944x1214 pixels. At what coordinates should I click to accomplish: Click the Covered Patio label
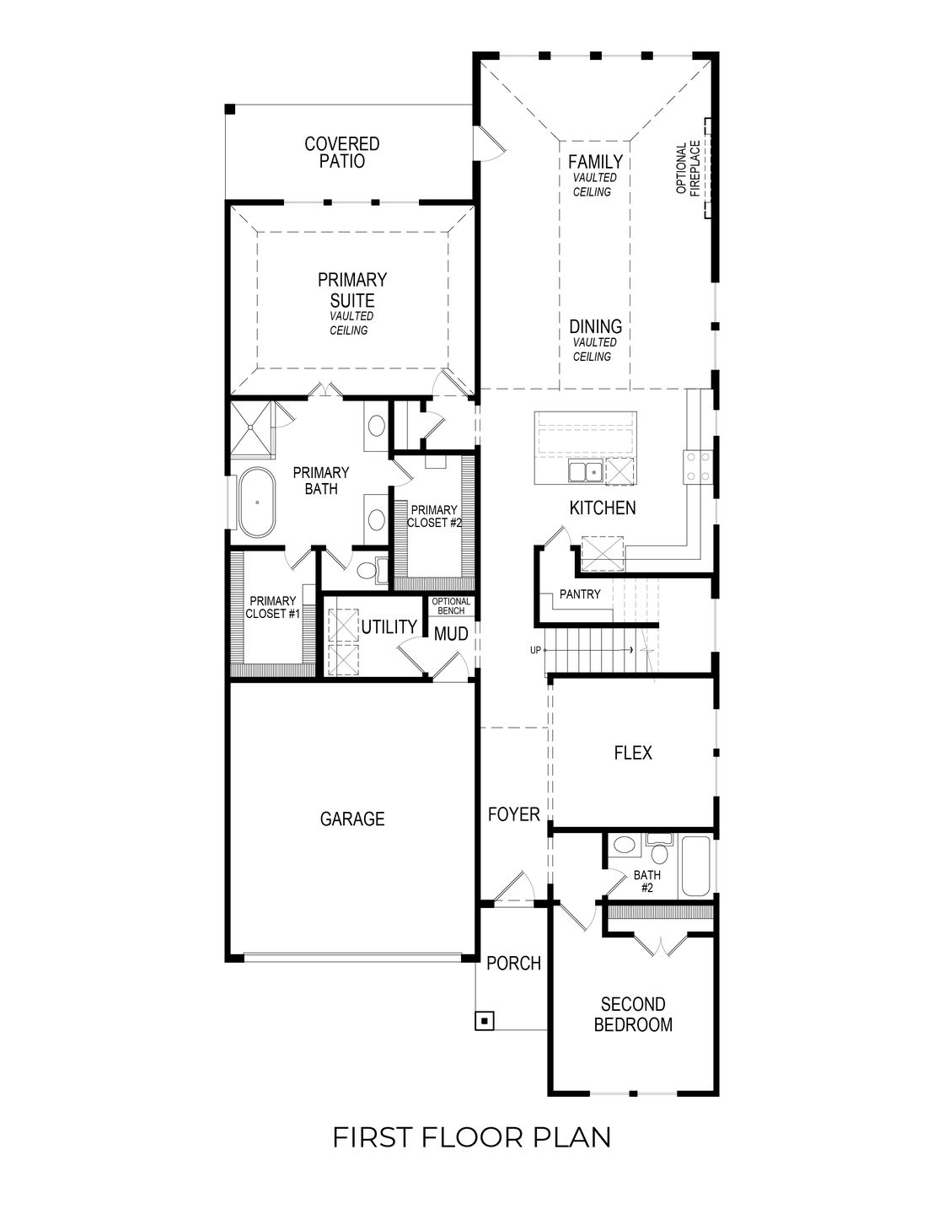pyautogui.click(x=342, y=153)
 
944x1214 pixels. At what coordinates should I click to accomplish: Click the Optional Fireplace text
pyautogui.click(x=688, y=168)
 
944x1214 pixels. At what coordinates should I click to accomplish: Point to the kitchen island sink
pyautogui.click(x=584, y=471)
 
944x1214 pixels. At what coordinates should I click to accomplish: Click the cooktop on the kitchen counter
pyautogui.click(x=697, y=466)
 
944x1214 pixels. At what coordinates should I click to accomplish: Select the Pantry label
pyautogui.click(x=580, y=594)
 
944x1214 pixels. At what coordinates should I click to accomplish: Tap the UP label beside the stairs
pyautogui.click(x=535, y=650)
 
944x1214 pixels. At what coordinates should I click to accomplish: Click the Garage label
pyautogui.click(x=352, y=819)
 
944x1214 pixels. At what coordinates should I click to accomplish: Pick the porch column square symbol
pyautogui.click(x=484, y=1021)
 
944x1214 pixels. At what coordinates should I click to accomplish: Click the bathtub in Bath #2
pyautogui.click(x=697, y=866)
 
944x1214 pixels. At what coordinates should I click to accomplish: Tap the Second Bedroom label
pyautogui.click(x=633, y=1014)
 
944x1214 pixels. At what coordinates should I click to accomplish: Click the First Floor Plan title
pyautogui.click(x=472, y=1137)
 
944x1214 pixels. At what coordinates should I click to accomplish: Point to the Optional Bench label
pyautogui.click(x=451, y=605)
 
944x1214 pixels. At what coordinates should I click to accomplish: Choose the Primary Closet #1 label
pyautogui.click(x=272, y=608)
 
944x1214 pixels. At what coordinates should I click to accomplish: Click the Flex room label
pyautogui.click(x=633, y=753)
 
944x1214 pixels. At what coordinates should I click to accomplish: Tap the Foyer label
pyautogui.click(x=513, y=814)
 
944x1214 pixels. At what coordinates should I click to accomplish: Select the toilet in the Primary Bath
pyautogui.click(x=369, y=572)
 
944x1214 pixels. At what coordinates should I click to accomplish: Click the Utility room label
pyautogui.click(x=389, y=626)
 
